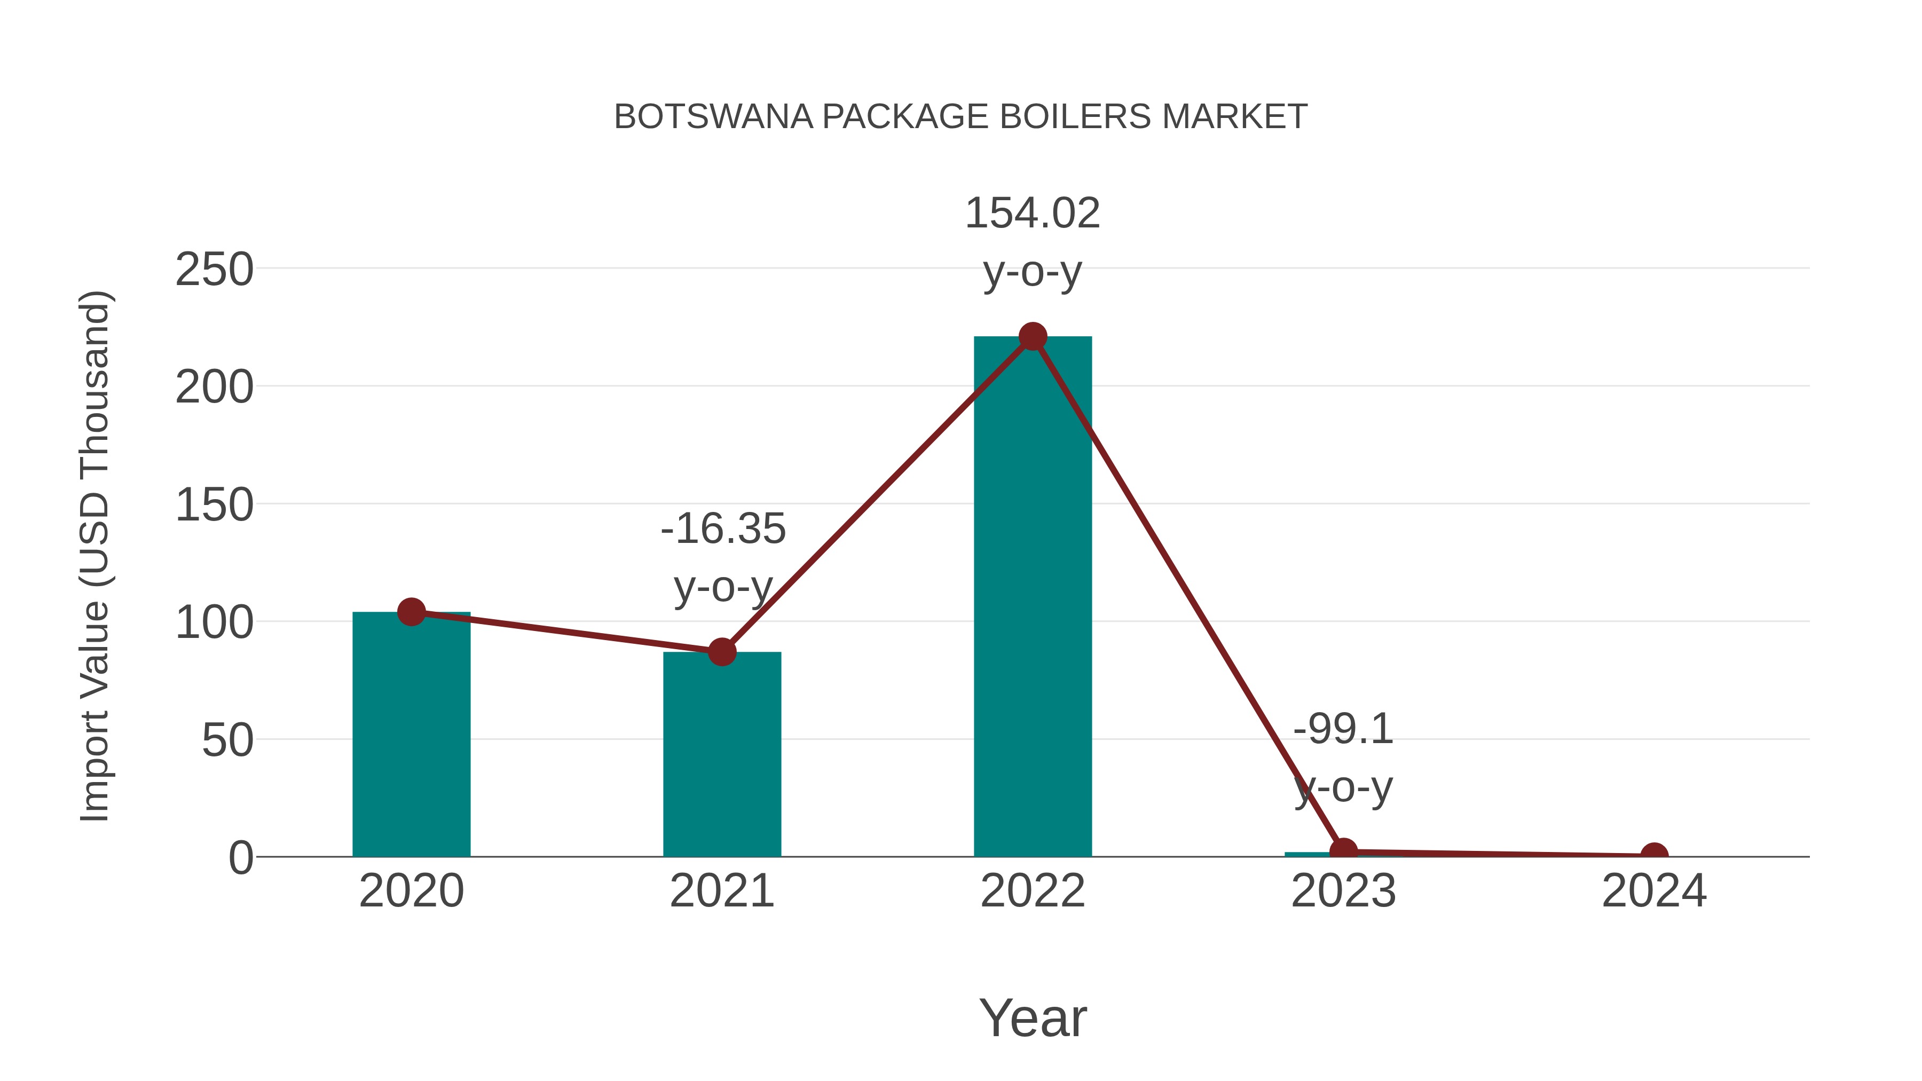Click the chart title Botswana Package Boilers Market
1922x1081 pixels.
point(960,117)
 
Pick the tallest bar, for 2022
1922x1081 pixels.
point(1033,597)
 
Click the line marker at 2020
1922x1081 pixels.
point(411,612)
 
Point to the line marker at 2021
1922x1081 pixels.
point(721,652)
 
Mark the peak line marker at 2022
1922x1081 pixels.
point(1033,336)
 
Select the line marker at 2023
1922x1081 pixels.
point(1343,851)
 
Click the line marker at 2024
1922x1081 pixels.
point(1654,855)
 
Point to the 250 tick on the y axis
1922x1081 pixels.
point(214,270)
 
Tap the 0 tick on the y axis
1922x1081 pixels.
point(241,858)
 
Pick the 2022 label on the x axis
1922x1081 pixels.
point(1033,891)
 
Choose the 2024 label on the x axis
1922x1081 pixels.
point(1654,891)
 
